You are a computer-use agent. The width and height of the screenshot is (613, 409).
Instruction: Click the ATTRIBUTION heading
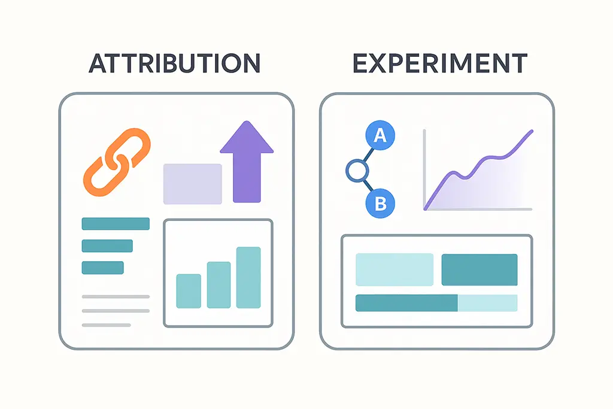pyautogui.click(x=174, y=63)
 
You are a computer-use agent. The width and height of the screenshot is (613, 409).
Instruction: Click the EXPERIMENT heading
pyautogui.click(x=439, y=63)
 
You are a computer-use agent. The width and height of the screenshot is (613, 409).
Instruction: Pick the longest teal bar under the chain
pyautogui.click(x=116, y=224)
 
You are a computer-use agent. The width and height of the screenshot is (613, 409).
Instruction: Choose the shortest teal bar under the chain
pyautogui.click(x=102, y=268)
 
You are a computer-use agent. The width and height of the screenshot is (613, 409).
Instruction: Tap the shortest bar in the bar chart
pyautogui.click(x=189, y=291)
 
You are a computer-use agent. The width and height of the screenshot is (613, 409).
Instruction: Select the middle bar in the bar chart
pyautogui.click(x=219, y=284)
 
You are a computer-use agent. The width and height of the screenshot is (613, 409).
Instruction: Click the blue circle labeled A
pyautogui.click(x=380, y=135)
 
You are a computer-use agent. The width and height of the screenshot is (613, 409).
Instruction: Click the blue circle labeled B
pyautogui.click(x=380, y=203)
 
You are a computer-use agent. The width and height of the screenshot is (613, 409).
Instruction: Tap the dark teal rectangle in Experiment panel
pyautogui.click(x=480, y=269)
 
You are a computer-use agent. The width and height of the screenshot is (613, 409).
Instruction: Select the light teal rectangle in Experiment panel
pyautogui.click(x=394, y=269)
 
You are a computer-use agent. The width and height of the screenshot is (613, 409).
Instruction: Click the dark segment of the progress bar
pyautogui.click(x=406, y=303)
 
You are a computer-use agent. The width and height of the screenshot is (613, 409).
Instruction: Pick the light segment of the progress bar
pyautogui.click(x=487, y=303)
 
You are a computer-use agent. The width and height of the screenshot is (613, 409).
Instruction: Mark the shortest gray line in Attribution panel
pyautogui.click(x=106, y=325)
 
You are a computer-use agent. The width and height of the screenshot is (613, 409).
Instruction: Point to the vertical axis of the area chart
pyautogui.click(x=424, y=168)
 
